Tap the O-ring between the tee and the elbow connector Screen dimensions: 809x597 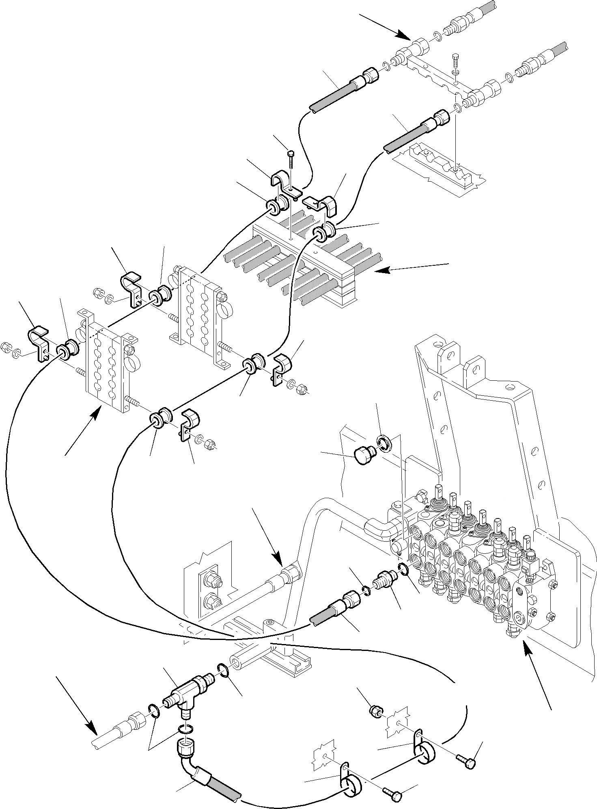[x=185, y=731]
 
